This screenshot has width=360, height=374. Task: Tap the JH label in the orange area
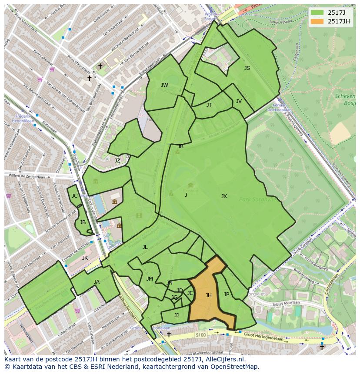coord(209,295)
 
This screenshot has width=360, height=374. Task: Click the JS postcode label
coord(247,68)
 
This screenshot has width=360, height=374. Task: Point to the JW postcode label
coord(164,85)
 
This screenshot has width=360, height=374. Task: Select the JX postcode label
coord(224,196)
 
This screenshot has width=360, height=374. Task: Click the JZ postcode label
coord(117,161)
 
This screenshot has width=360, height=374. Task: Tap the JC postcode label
coord(74,196)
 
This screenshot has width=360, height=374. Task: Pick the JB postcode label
coord(83,222)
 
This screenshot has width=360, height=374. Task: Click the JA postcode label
coord(97,282)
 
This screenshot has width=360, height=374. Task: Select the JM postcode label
coord(150,279)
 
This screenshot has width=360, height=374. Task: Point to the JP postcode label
coord(227,295)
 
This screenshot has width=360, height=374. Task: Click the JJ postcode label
coord(177,315)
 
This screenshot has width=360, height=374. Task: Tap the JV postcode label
coord(239,101)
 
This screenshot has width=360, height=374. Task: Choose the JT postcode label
coord(209,105)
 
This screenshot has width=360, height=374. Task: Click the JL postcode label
coord(145,247)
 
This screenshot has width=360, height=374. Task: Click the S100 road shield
coord(200,335)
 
